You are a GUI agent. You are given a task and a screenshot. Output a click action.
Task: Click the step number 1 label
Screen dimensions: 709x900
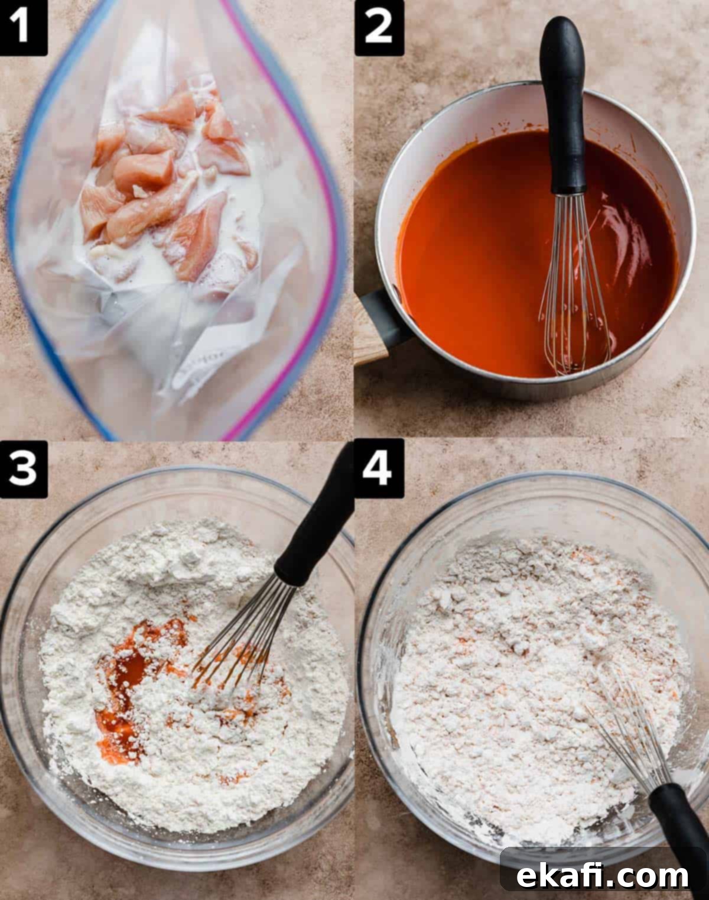(x=23, y=28)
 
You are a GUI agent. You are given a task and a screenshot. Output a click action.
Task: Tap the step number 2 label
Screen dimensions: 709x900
(x=379, y=28)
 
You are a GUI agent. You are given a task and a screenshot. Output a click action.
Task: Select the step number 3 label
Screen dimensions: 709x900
(x=23, y=470)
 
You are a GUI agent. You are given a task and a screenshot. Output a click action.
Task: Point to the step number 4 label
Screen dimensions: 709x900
(x=379, y=468)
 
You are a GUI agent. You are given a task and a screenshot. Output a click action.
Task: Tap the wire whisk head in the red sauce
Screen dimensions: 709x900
(x=574, y=284)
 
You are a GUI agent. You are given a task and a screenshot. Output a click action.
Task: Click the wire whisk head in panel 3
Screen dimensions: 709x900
(x=242, y=636)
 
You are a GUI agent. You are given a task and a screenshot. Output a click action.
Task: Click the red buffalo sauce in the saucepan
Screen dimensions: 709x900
(x=480, y=251)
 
